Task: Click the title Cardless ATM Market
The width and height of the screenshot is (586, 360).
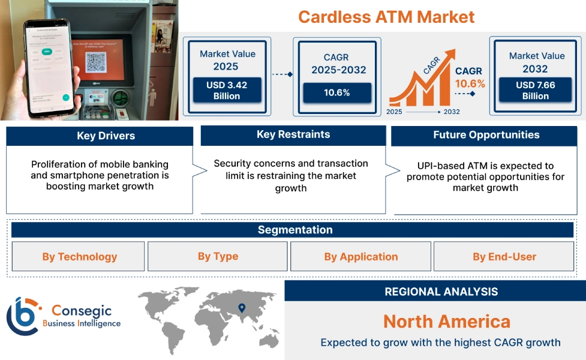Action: (x=386, y=16)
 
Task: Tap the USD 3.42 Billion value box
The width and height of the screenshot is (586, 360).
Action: (x=227, y=90)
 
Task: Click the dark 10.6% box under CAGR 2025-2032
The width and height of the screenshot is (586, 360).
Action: (x=337, y=92)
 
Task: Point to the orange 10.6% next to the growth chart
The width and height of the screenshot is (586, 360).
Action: (x=470, y=83)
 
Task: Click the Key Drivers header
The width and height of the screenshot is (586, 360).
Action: (x=100, y=136)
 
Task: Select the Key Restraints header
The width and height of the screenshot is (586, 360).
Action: (x=293, y=134)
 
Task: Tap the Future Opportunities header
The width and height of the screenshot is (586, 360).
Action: (x=486, y=135)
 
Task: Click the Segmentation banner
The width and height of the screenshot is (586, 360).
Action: (x=295, y=230)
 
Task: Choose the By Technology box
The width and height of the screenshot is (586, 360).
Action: (x=79, y=257)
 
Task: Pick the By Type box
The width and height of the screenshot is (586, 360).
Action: (x=218, y=256)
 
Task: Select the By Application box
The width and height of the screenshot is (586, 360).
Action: (x=360, y=257)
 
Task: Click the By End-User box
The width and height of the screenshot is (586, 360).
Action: (x=504, y=257)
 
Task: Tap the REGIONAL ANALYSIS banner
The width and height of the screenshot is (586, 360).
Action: (x=441, y=292)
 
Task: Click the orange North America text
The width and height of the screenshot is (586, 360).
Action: (x=446, y=321)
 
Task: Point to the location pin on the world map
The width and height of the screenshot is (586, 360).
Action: (x=242, y=308)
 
